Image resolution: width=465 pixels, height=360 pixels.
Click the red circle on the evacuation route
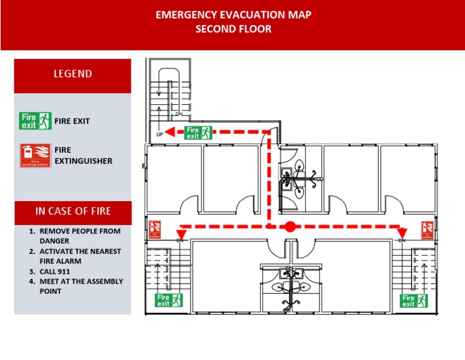[290, 227]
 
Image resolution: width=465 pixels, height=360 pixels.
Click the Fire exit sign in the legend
[35, 121]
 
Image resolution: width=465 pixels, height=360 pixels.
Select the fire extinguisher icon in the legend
[35, 156]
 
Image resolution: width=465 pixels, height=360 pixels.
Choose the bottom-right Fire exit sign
[414, 301]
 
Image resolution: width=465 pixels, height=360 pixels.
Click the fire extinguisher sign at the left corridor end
[154, 229]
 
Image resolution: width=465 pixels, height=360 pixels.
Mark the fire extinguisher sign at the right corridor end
[427, 229]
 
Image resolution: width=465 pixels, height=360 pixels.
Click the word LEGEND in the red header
[72, 74]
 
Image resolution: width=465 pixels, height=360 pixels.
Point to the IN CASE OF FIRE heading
[73, 211]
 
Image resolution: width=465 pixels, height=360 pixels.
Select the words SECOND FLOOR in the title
[233, 29]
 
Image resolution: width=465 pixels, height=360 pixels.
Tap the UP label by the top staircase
[160, 135]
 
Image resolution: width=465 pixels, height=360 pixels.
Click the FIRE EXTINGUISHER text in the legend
[83, 156]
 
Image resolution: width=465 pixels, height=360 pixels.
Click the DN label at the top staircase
[179, 114]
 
